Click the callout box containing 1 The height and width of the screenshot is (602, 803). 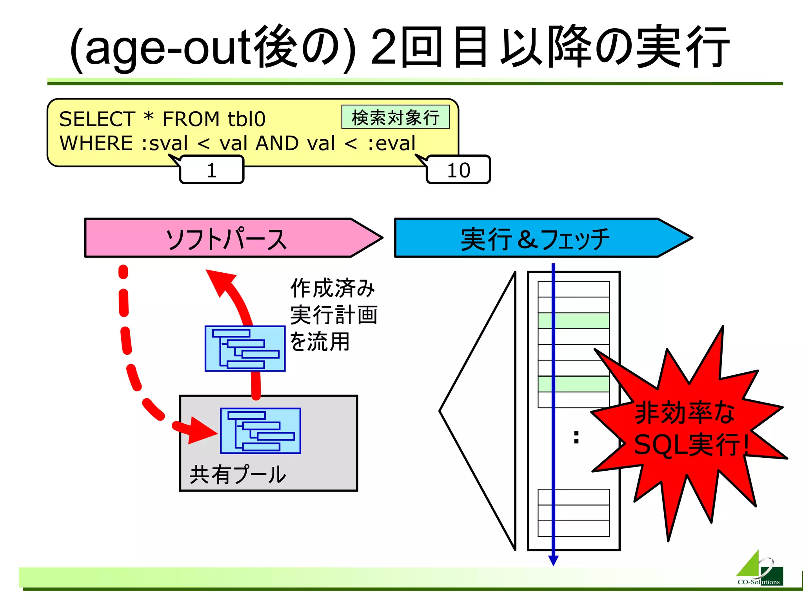212,170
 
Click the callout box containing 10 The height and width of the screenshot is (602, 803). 458,170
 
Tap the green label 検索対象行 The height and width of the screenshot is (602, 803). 395,117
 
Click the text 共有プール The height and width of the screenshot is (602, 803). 238,474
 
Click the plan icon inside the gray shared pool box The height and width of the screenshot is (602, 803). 261,430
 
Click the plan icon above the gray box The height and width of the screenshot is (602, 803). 245,348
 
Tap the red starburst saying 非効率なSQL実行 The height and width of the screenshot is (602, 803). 690,429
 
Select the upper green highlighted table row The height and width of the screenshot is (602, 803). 574,321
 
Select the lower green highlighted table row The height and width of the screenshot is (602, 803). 574,384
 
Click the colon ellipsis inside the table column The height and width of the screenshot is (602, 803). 576,437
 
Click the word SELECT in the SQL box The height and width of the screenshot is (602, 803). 97,119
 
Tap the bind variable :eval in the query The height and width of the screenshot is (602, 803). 391,143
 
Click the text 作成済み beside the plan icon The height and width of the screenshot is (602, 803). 332,288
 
